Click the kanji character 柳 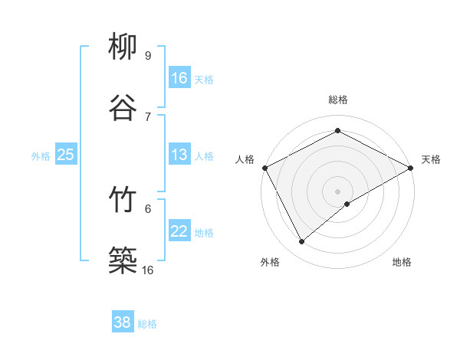pyautogui.click(x=123, y=47)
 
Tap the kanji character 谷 pyautogui.click(x=123, y=107)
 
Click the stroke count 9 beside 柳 pyautogui.click(x=148, y=55)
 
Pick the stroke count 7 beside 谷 pyautogui.click(x=148, y=116)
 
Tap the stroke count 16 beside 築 pyautogui.click(x=148, y=270)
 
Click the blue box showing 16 pyautogui.click(x=179, y=77)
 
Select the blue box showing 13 pyautogui.click(x=179, y=155)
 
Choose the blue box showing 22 pyautogui.click(x=179, y=232)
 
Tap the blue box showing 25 pyautogui.click(x=66, y=155)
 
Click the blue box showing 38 pyautogui.click(x=123, y=322)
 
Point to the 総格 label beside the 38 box pyautogui.click(x=147, y=324)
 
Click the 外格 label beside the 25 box pyautogui.click(x=41, y=156)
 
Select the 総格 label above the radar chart pyautogui.click(x=338, y=100)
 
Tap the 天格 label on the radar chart pyautogui.click(x=431, y=159)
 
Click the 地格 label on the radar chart pyautogui.click(x=402, y=262)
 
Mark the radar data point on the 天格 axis pyautogui.click(x=411, y=167)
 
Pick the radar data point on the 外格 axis pyautogui.click(x=302, y=241)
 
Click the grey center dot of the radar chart pyautogui.click(x=338, y=191)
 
